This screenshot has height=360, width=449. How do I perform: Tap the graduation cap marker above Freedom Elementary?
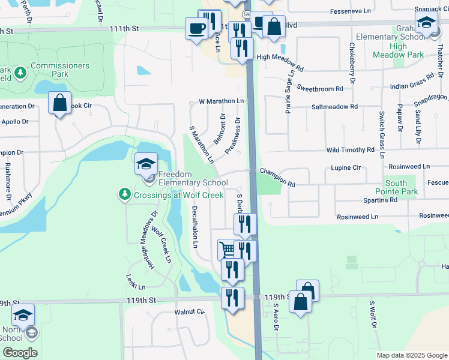point(146,164)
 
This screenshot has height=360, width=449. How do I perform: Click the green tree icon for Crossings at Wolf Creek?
point(124,194)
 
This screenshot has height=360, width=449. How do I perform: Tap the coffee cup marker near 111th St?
point(196,28)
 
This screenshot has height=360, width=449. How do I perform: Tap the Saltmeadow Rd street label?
point(334,106)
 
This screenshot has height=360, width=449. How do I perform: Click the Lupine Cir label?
point(345,169)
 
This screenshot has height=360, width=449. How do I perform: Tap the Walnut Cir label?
point(190,312)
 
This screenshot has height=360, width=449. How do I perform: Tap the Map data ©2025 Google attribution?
point(412,355)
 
